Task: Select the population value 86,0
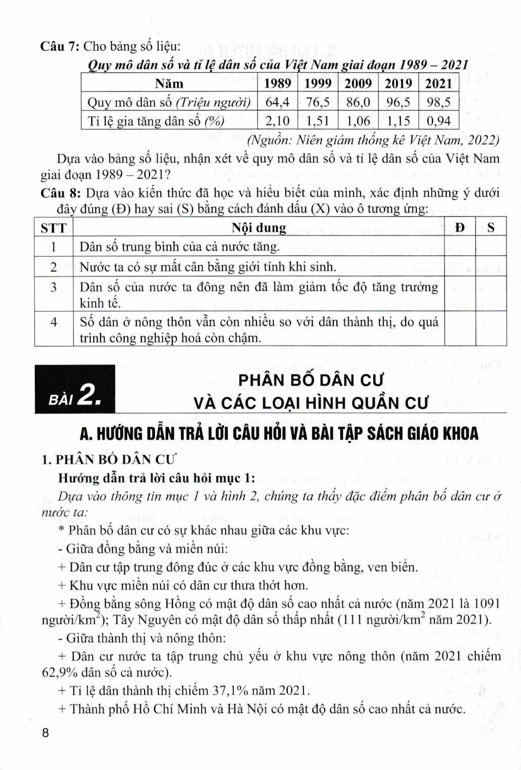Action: pos(358,102)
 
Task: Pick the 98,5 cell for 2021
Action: pos(438,102)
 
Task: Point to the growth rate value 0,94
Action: pos(438,121)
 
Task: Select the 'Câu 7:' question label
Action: pos(59,46)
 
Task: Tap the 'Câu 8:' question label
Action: pos(60,194)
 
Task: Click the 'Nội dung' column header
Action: pos(259,227)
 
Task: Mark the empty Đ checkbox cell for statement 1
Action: pos(460,247)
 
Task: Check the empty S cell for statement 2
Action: pos(491,266)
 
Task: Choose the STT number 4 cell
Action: pos(54,322)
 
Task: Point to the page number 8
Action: pos(45,733)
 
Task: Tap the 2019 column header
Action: pos(398,84)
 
